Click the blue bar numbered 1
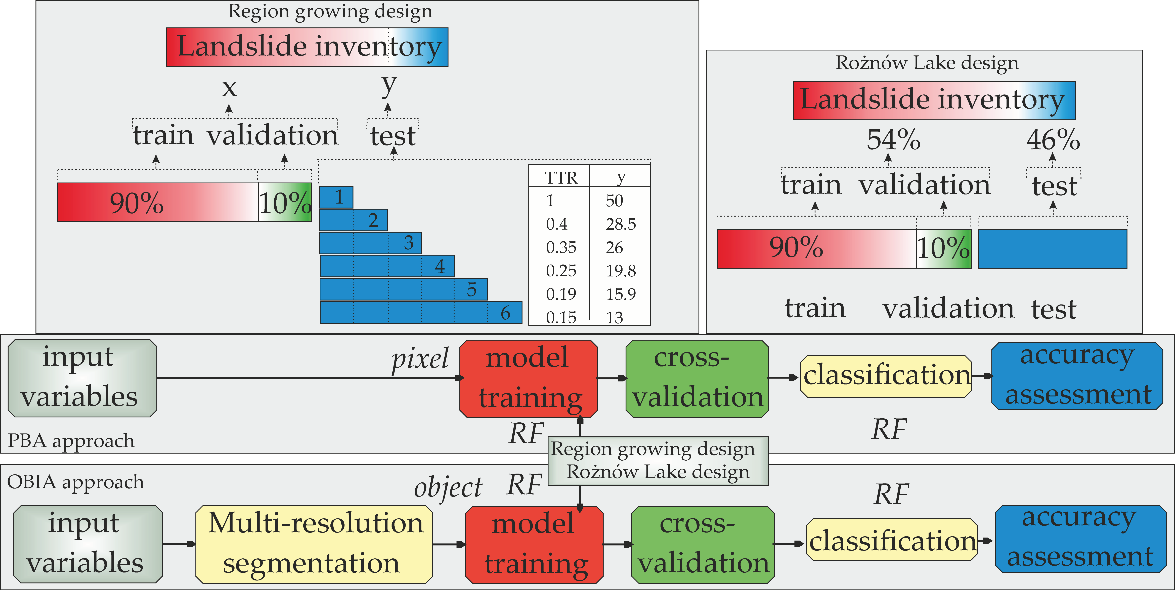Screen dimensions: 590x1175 pos(336,197)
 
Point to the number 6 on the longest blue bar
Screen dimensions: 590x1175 pos(505,313)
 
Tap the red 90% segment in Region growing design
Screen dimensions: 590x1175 pos(157,203)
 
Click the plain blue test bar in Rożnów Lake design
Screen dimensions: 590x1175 pos(1052,249)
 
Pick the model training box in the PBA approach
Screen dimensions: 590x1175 pos(528,378)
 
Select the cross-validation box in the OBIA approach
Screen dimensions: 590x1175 pos(703,544)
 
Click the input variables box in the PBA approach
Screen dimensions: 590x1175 pos(82,378)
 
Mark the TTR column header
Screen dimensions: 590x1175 pos(561,177)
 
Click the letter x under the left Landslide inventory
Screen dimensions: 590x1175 pos(229,88)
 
